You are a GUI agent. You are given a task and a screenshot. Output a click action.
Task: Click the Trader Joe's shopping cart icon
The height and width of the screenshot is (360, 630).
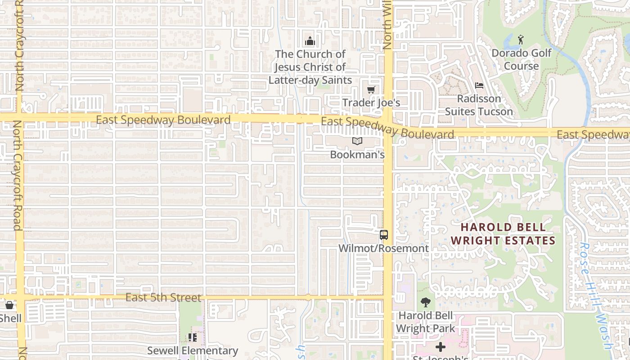(371, 90)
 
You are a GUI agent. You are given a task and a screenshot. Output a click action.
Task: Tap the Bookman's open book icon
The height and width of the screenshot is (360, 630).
(357, 141)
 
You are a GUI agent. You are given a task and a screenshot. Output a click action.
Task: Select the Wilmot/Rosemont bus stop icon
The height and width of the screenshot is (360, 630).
(383, 234)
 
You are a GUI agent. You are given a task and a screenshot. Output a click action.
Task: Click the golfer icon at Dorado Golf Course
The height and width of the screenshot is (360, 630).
(521, 40)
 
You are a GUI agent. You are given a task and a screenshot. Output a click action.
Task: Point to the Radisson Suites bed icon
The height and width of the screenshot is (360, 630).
(479, 85)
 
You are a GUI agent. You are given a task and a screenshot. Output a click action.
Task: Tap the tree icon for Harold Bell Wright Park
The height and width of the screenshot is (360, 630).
(425, 302)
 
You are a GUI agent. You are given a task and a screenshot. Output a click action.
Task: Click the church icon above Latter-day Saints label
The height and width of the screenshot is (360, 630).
(310, 41)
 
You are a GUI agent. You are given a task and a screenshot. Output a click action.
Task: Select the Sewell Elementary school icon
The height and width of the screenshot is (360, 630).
(193, 337)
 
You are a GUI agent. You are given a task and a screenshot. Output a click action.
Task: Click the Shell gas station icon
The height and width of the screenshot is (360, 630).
(9, 305)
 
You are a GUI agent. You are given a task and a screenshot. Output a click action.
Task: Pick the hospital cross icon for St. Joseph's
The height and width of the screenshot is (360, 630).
(441, 346)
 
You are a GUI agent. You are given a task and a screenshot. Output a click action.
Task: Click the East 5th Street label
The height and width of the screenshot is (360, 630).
(163, 297)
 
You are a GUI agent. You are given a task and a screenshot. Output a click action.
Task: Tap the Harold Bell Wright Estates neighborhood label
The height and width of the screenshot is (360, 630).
(503, 234)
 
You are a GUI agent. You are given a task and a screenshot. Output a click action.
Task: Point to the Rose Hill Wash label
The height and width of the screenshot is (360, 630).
(596, 295)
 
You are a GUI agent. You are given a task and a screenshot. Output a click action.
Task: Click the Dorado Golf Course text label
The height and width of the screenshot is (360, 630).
(521, 59)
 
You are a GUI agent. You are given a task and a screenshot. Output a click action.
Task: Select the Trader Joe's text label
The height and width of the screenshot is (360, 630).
(371, 103)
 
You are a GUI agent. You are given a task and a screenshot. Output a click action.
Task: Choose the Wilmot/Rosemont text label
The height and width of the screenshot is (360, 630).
(383, 248)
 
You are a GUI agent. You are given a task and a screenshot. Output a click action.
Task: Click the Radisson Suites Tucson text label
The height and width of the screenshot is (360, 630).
(479, 105)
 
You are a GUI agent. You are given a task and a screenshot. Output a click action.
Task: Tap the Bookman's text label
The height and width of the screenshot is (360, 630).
(357, 154)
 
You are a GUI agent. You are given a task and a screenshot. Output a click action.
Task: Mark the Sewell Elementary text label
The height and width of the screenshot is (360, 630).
(193, 351)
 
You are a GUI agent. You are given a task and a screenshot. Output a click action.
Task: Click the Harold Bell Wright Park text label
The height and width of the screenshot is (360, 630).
(425, 322)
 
